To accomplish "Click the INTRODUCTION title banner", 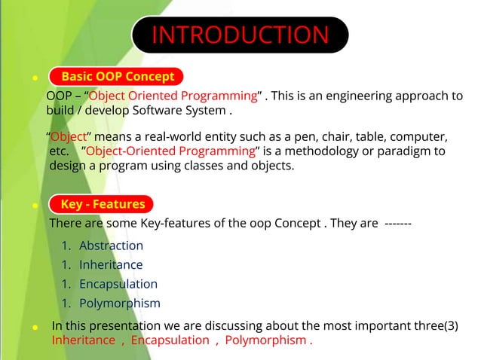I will pyautogui.click(x=240, y=35).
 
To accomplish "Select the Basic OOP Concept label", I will pyautogui.click(x=117, y=76).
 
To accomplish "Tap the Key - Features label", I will pyautogui.click(x=102, y=204).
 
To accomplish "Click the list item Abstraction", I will pyautogui.click(x=111, y=246).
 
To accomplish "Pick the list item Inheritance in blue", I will pyautogui.click(x=111, y=265).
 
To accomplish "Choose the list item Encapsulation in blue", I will pyautogui.click(x=118, y=284).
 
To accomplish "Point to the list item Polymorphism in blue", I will pyautogui.click(x=120, y=304).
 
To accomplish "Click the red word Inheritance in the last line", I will pyautogui.click(x=82, y=340).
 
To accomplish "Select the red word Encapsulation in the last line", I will pyautogui.click(x=170, y=340).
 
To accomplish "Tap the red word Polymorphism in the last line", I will pyautogui.click(x=265, y=340).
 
